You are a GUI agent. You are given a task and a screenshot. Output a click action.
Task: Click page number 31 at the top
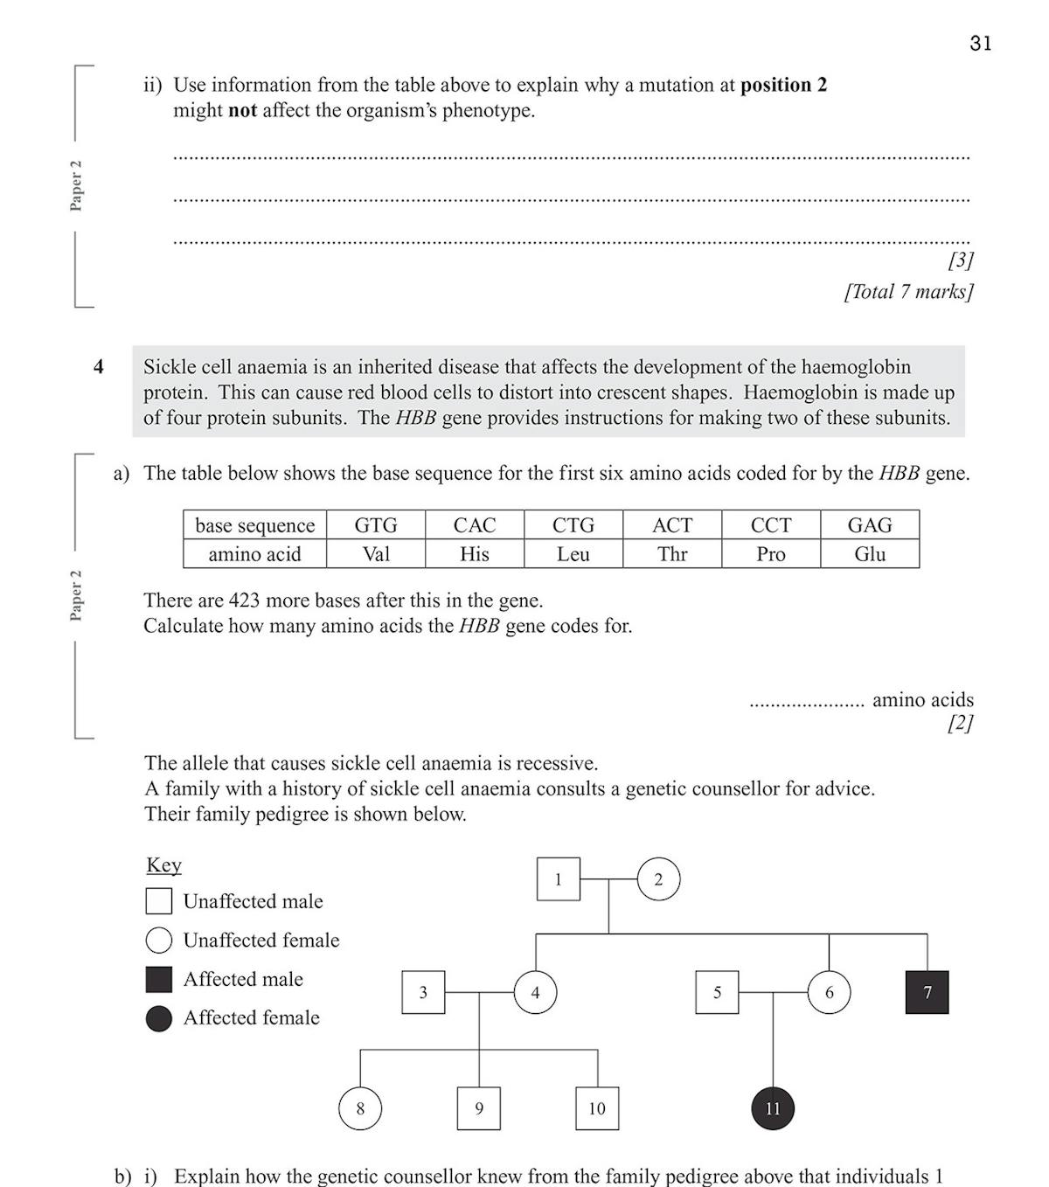pyautogui.click(x=980, y=44)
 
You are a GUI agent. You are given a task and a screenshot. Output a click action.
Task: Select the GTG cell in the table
pyautogui.click(x=376, y=524)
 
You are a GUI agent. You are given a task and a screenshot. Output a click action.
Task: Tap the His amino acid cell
pyautogui.click(x=475, y=554)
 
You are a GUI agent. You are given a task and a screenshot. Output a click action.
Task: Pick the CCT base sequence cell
pyautogui.click(x=771, y=524)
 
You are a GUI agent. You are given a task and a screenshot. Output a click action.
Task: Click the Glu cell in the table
pyautogui.click(x=870, y=554)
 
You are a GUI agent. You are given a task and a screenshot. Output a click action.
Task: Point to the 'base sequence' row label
pyautogui.click(x=254, y=524)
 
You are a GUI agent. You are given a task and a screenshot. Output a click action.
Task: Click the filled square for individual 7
pyautogui.click(x=927, y=992)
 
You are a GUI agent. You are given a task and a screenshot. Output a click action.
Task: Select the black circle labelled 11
pyautogui.click(x=773, y=1108)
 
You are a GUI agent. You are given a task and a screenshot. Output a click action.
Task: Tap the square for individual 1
pyautogui.click(x=558, y=879)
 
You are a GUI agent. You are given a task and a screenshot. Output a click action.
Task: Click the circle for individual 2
pyautogui.click(x=658, y=879)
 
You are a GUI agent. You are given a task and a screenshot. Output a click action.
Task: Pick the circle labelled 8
pyautogui.click(x=360, y=1108)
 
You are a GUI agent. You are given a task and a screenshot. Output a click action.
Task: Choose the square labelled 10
pyautogui.click(x=597, y=1108)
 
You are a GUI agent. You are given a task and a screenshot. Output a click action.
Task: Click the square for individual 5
pyautogui.click(x=717, y=992)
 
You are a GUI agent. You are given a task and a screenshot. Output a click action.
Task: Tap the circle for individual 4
pyautogui.click(x=535, y=992)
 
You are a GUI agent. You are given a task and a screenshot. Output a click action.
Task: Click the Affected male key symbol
pyautogui.click(x=159, y=979)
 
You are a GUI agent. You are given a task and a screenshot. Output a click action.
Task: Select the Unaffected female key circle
pyautogui.click(x=159, y=941)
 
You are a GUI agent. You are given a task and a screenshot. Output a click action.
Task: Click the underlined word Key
pyautogui.click(x=163, y=864)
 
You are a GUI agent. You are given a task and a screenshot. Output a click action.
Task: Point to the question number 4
pyautogui.click(x=99, y=367)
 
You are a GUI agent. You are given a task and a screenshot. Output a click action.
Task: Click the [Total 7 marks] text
pyautogui.click(x=908, y=291)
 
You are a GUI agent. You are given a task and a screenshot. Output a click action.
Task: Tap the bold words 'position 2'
pyautogui.click(x=783, y=85)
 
